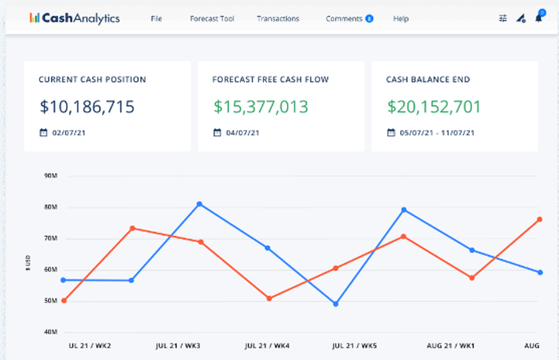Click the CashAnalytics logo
(74, 18)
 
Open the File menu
(156, 18)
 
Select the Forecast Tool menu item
(212, 18)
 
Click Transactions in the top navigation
(278, 18)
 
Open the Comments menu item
(344, 18)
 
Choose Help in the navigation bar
(401, 18)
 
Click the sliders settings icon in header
(503, 18)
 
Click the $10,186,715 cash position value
(87, 107)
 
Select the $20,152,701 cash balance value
(434, 107)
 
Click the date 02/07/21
(69, 133)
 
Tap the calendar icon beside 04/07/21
(217, 133)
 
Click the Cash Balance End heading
(428, 79)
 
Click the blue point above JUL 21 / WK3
(200, 204)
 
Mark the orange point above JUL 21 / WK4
(269, 299)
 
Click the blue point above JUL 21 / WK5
(335, 304)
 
